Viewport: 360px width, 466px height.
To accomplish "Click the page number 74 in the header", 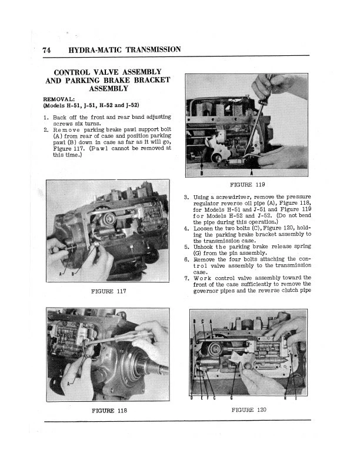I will (47, 50).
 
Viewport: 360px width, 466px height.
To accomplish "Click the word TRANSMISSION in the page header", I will (148, 50).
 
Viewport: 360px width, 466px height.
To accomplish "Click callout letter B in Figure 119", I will (202, 173).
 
